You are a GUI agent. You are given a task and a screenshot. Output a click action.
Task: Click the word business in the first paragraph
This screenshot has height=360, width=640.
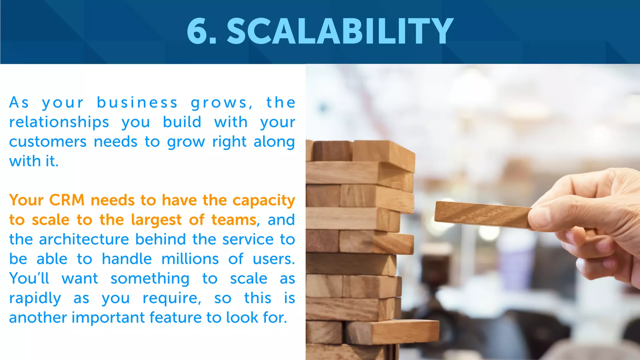click(137, 103)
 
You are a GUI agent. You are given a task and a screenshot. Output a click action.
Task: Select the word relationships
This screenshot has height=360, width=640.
click(59, 122)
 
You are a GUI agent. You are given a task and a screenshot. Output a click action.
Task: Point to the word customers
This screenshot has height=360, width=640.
click(48, 142)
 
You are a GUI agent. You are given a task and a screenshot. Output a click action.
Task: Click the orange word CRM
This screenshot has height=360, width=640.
click(67, 200)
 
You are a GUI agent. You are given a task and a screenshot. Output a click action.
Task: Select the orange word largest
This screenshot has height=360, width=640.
click(156, 220)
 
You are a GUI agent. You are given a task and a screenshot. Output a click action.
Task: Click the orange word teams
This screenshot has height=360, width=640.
click(234, 220)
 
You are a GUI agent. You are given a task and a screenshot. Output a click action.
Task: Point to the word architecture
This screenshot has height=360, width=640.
click(84, 239)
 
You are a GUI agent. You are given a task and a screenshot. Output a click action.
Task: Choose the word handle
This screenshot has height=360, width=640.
click(127, 259)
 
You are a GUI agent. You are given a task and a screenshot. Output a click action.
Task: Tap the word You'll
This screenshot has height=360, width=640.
click(29, 278)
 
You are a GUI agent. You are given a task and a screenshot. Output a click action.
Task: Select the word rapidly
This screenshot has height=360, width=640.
click(35, 298)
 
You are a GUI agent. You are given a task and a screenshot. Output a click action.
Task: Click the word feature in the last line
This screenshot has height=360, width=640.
click(175, 317)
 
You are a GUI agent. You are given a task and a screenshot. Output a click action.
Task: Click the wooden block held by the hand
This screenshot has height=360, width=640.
click(481, 215)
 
